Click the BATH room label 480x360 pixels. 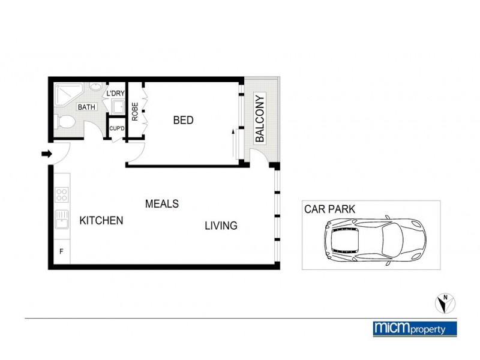[86, 107]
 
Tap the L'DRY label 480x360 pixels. [115, 94]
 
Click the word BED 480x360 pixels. [183, 120]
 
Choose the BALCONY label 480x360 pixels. [260, 118]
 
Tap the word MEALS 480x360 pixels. [162, 204]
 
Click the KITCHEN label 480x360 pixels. [101, 220]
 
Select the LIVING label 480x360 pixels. [221, 226]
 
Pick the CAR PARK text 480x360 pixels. [329, 209]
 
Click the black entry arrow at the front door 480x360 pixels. [46, 154]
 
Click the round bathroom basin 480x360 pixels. [95, 88]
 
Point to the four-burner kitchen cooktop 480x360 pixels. [62, 194]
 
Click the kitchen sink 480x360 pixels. [62, 220]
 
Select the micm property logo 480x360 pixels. [415, 328]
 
